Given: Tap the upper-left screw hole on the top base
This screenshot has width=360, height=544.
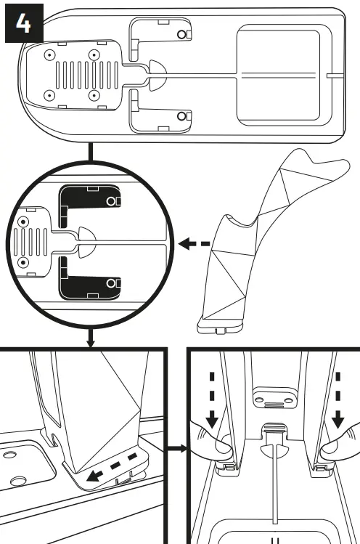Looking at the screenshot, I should [49, 55].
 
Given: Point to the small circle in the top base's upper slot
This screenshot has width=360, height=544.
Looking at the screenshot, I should [182, 35].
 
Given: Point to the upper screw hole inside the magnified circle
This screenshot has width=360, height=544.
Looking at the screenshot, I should [24, 220].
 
